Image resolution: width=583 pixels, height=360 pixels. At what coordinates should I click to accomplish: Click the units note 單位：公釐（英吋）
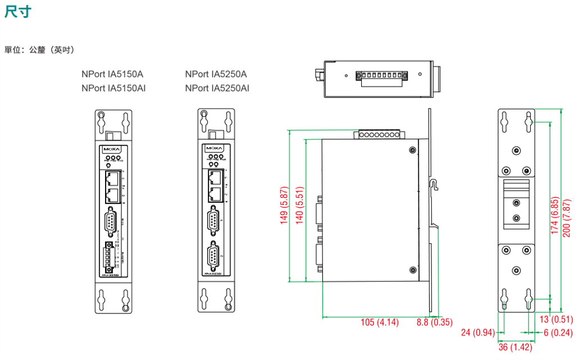[x=39, y=50]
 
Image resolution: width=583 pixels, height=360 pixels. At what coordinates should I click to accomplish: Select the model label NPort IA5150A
[x=112, y=74]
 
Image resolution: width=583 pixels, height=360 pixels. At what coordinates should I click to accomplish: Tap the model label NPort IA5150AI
[x=113, y=88]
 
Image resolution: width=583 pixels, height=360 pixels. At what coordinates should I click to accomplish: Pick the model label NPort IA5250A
[x=216, y=74]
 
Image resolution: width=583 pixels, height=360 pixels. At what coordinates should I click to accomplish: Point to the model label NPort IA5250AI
[x=217, y=88]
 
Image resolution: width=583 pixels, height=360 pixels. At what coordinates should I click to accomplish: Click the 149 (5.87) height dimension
[x=284, y=206]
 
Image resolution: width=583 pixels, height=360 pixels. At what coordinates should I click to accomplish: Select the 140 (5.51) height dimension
[x=300, y=206]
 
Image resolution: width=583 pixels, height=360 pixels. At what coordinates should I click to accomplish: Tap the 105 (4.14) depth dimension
[x=379, y=322]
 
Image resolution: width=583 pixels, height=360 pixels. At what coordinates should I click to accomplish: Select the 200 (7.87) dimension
[x=567, y=218]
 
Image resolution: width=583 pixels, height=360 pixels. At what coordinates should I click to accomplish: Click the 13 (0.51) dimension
[x=556, y=320]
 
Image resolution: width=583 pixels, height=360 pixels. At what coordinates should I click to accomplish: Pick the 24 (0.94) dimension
[x=477, y=333]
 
